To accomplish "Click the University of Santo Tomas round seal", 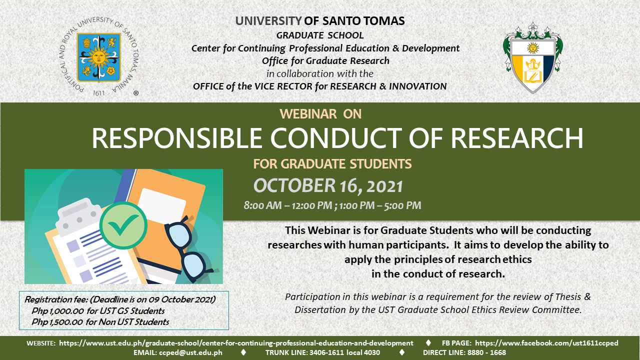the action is (99, 57).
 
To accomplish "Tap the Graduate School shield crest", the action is (533, 58).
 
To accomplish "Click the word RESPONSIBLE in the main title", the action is (177, 138).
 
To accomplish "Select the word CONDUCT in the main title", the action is (336, 138).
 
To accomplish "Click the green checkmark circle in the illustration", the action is (123, 225).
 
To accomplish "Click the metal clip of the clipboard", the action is (78, 217).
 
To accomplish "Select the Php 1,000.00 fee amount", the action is (57, 311).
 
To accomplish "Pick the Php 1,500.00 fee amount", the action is (57, 322).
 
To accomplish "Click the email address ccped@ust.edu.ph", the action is (190, 352).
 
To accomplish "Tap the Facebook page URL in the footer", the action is (546, 343).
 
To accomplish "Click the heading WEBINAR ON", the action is (320, 114).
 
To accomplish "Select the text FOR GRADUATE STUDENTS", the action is (332, 164).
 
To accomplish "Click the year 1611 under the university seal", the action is (99, 93).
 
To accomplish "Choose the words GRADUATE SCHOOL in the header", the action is (320, 35).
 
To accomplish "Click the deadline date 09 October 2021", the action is (181, 299).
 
